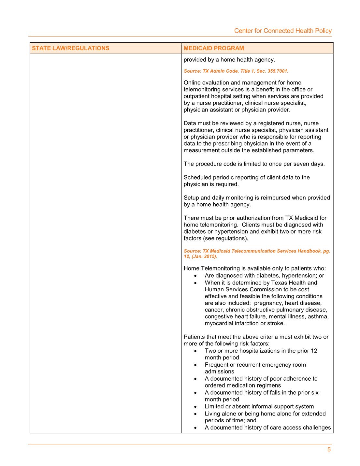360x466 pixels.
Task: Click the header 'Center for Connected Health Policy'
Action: [x=283, y=31]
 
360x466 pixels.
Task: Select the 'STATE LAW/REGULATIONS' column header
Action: [x=71, y=48]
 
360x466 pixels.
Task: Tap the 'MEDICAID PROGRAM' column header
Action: [x=214, y=48]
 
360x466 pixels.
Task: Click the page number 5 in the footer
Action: [x=329, y=450]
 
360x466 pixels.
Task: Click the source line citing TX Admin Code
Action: [x=236, y=71]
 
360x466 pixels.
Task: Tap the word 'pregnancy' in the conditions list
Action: [x=268, y=303]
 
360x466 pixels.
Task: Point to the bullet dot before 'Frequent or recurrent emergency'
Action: [x=195, y=365]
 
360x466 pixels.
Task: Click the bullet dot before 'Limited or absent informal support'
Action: [x=195, y=407]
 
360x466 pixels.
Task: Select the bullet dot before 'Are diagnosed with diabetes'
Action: [x=195, y=276]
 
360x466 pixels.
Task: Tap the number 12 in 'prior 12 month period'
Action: [x=314, y=351]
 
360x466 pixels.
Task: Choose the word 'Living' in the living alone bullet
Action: [x=212, y=414]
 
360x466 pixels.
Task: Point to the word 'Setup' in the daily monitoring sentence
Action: [x=191, y=198]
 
